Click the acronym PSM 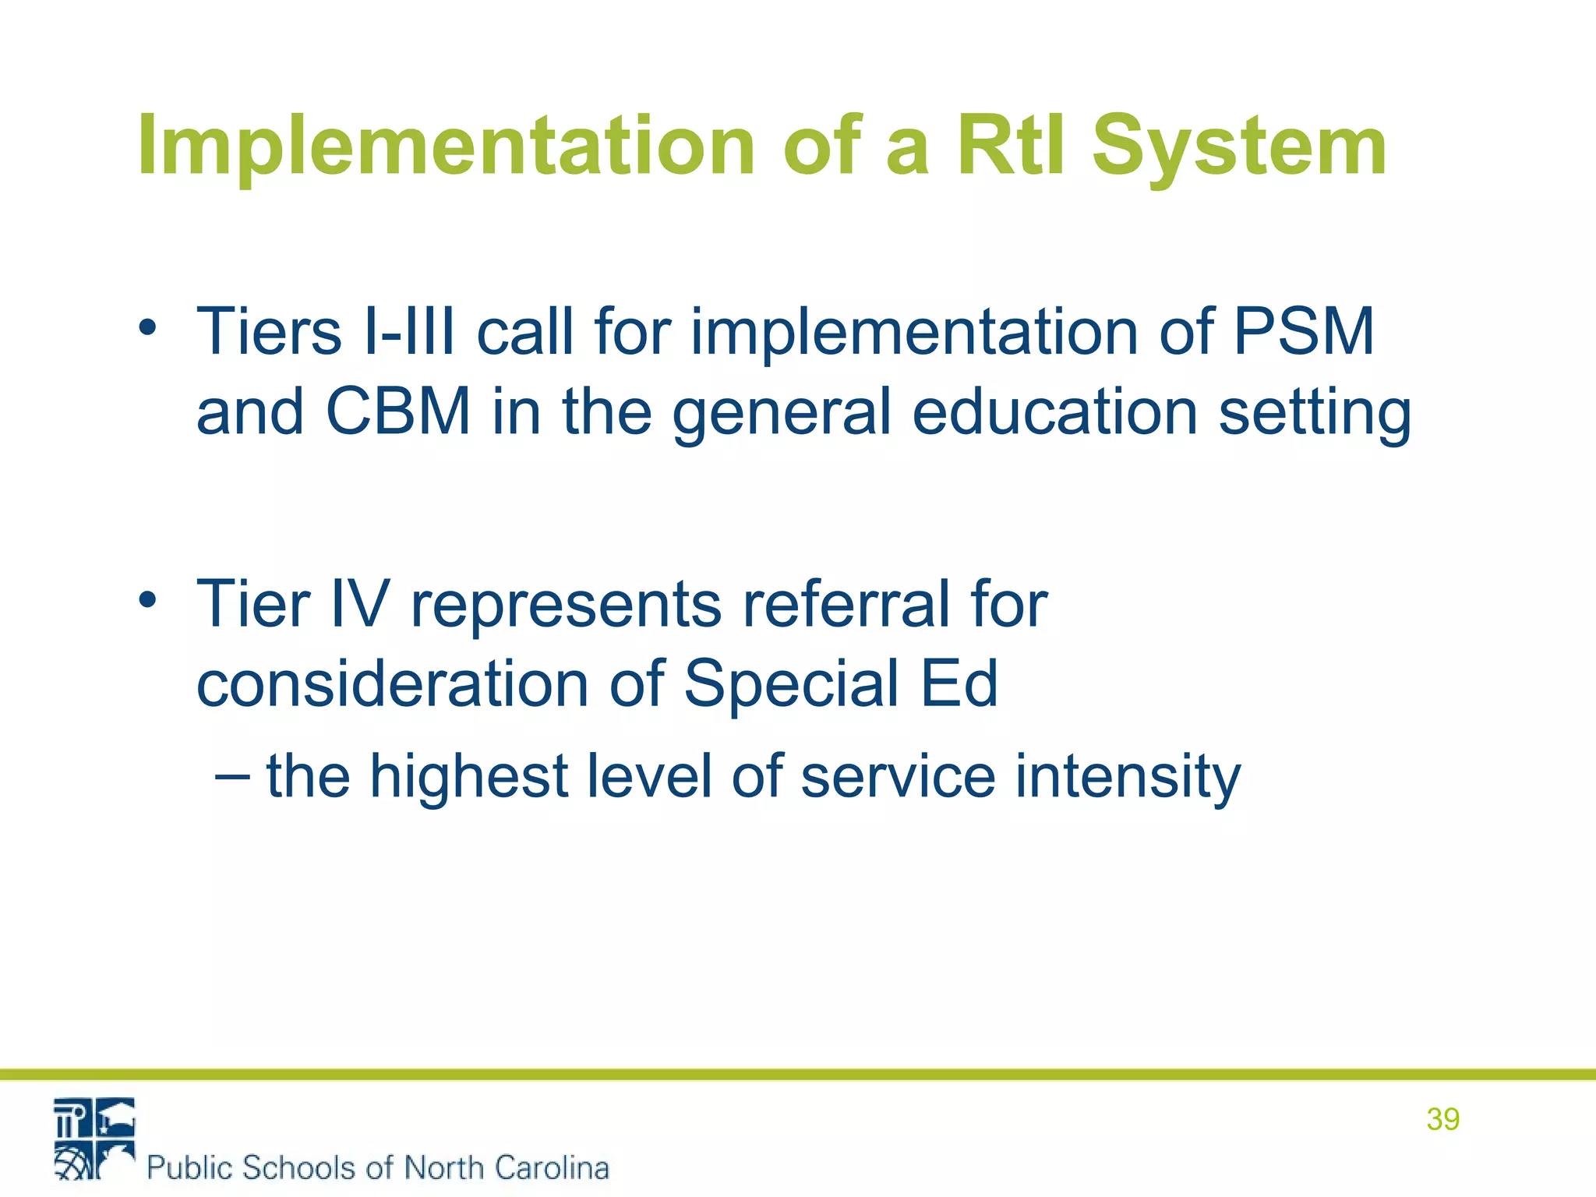[x=1304, y=331]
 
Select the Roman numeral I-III [x=409, y=331]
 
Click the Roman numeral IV [x=358, y=603]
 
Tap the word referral [x=845, y=603]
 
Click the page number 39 [x=1442, y=1119]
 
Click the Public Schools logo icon [x=94, y=1139]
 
